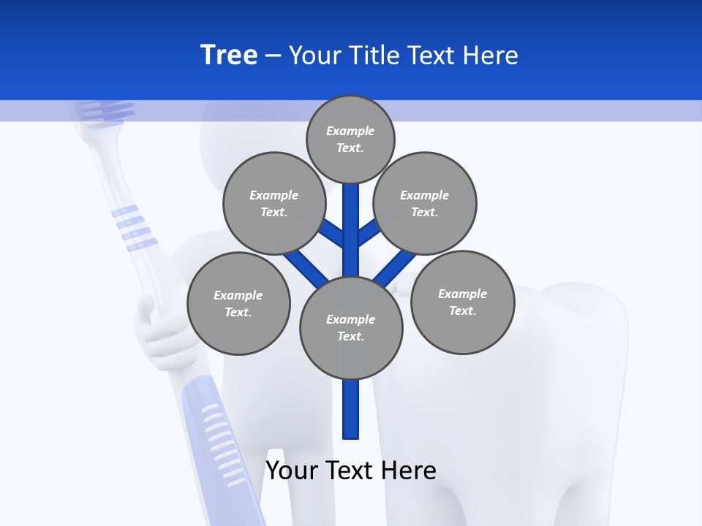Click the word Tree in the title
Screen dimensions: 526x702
229,55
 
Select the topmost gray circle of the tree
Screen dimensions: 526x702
350,140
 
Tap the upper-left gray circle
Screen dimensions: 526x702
273,204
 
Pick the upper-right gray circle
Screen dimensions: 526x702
424,204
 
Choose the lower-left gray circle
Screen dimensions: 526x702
238,304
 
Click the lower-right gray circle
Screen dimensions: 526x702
462,302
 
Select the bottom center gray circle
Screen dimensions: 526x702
351,328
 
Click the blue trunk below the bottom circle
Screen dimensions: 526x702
351,409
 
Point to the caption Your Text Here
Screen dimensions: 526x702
351,470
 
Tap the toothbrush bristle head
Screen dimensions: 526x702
107,110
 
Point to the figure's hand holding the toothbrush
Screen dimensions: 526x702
158,329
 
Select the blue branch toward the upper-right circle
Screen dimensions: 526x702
369,233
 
